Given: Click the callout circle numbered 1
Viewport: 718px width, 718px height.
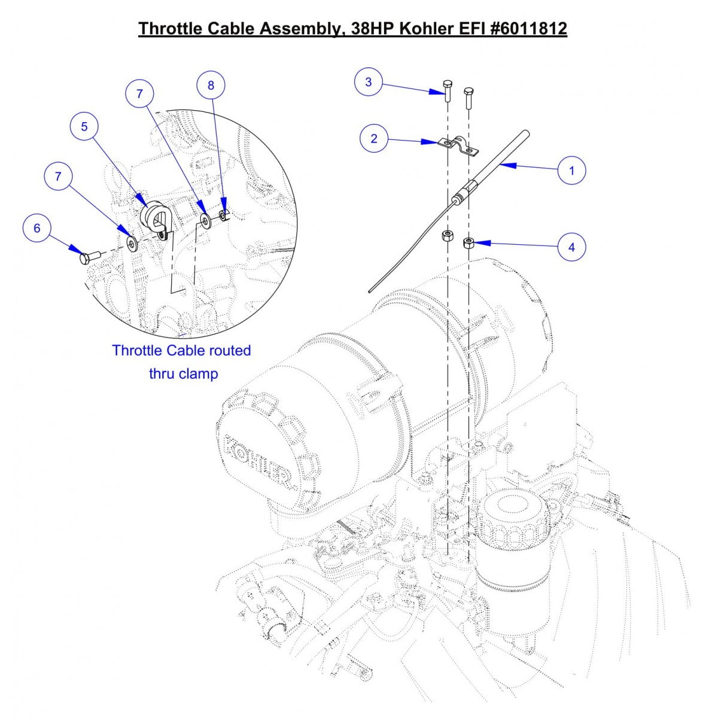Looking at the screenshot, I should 571,171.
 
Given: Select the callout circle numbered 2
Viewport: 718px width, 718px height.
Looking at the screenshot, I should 374,138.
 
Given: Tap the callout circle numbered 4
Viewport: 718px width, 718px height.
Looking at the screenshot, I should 571,247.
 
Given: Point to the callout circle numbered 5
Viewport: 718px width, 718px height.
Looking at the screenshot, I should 84,126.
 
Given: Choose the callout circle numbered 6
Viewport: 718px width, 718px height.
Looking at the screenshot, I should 37,229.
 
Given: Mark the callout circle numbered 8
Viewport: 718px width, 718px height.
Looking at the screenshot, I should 211,85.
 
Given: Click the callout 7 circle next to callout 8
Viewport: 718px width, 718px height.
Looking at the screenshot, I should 139,94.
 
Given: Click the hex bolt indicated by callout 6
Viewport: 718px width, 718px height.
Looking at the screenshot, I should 87,258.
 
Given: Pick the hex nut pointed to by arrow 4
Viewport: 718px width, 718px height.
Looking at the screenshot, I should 469,244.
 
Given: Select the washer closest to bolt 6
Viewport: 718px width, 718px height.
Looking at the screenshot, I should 132,242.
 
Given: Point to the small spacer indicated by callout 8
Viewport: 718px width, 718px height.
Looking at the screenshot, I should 224,214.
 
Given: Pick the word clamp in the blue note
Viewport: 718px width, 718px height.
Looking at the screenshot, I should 199,374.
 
